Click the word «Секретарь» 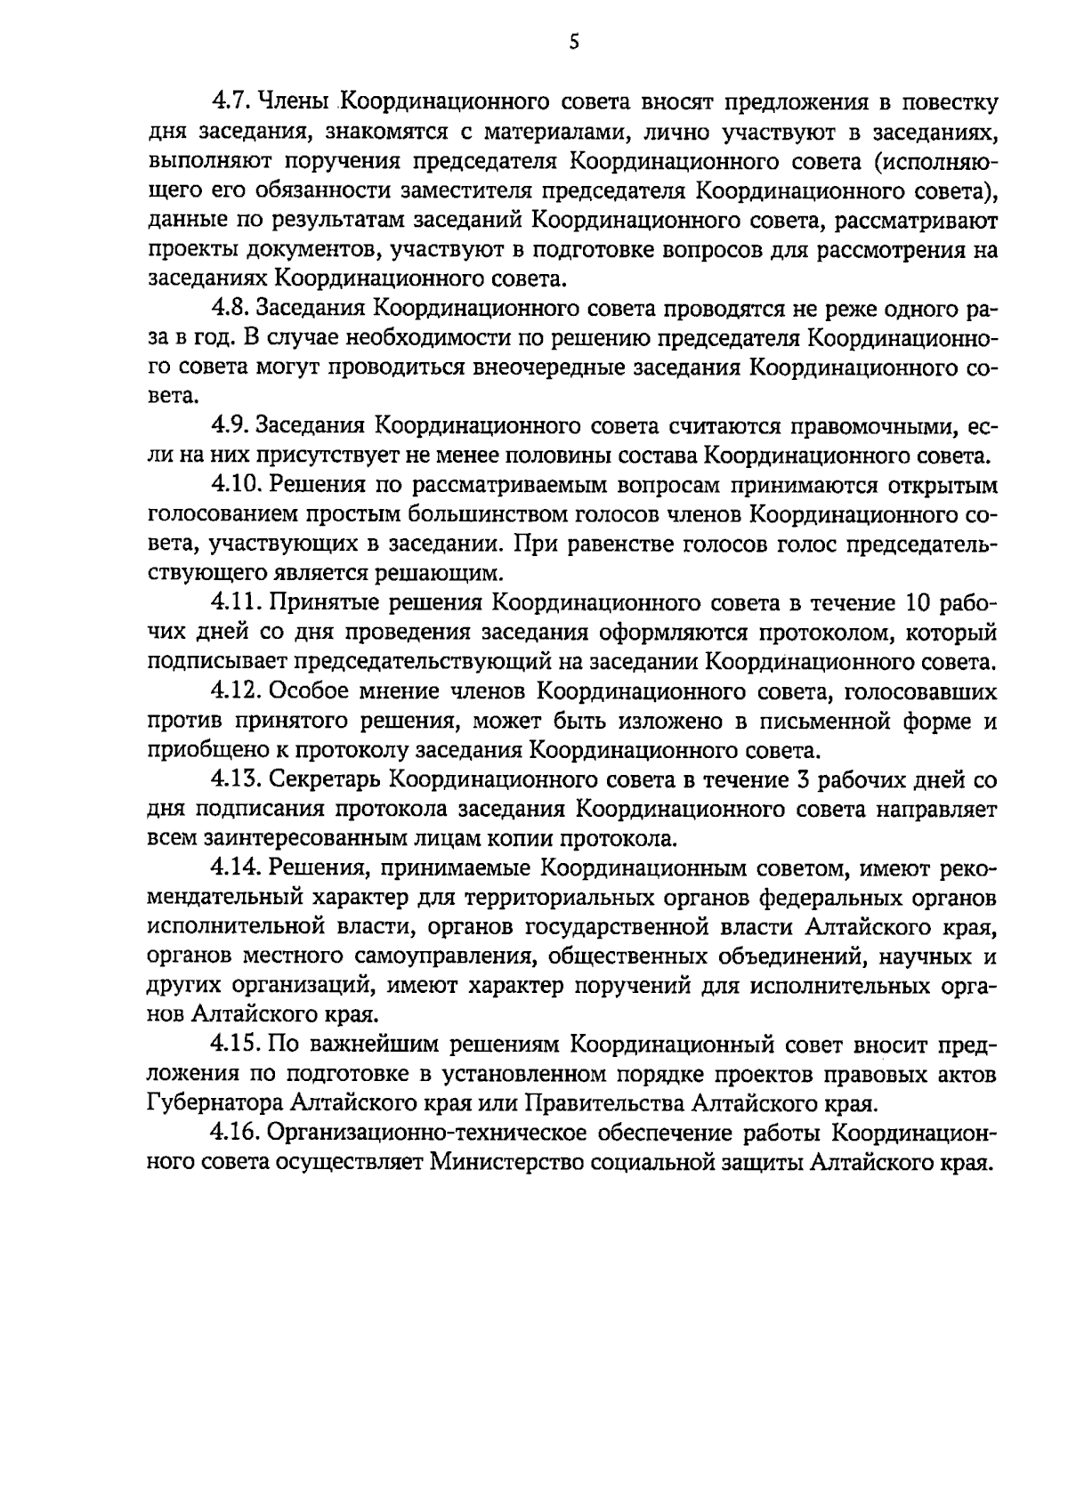[x=325, y=779]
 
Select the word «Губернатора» [x=215, y=1103]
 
